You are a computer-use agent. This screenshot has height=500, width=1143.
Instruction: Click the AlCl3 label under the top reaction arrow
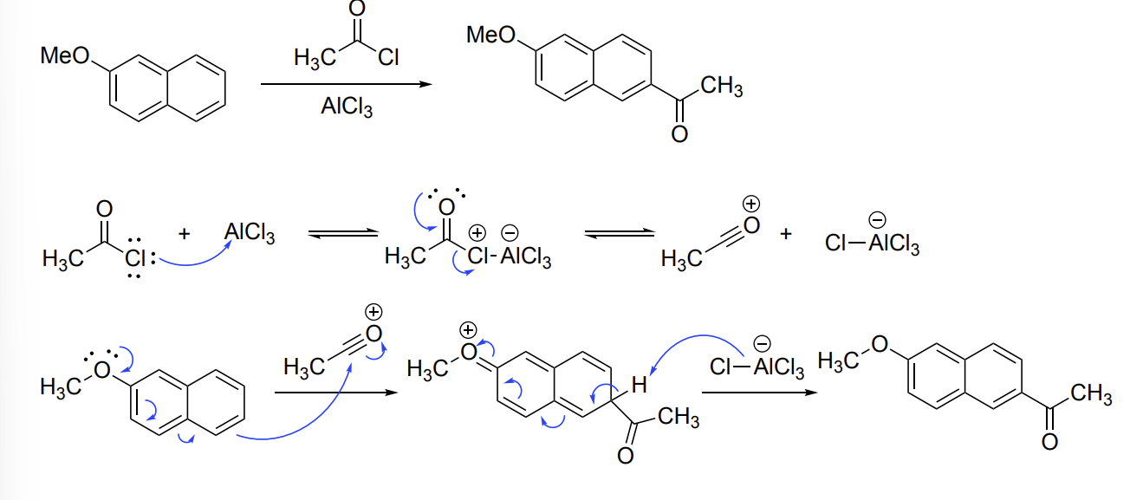(x=347, y=107)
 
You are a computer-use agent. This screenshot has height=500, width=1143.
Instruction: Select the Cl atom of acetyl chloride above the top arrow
(x=388, y=57)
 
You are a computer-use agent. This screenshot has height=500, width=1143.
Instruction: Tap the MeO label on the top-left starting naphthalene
(x=65, y=55)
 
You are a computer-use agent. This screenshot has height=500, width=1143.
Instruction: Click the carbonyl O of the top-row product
(x=679, y=134)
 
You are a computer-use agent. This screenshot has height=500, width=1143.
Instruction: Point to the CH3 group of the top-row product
(x=722, y=86)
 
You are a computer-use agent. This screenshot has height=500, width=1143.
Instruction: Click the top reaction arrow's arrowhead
(x=425, y=84)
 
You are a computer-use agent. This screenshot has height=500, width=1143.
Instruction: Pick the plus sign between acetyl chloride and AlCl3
(x=185, y=234)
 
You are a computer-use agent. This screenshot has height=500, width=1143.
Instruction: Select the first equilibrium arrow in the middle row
(x=343, y=233)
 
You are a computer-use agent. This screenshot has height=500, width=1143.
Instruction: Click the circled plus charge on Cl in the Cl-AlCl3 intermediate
(x=477, y=232)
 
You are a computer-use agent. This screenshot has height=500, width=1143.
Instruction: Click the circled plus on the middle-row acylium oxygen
(x=750, y=204)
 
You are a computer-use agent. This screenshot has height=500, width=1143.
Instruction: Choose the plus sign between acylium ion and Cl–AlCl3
(x=786, y=234)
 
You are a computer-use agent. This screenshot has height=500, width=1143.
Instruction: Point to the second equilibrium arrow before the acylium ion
(x=620, y=233)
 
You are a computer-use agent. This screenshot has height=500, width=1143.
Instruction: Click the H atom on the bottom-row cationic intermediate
(x=639, y=386)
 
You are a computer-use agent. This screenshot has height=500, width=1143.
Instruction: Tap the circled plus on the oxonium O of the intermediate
(x=468, y=330)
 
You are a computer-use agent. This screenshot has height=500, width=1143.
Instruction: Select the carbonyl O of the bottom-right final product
(x=1049, y=442)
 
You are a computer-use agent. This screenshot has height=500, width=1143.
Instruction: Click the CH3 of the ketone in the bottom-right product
(x=1092, y=394)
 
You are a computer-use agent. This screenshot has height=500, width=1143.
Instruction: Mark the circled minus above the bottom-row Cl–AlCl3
(x=762, y=343)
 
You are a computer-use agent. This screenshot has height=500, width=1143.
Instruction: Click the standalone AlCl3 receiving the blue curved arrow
(x=250, y=232)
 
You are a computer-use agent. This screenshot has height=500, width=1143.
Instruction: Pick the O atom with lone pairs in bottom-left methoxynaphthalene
(x=102, y=370)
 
